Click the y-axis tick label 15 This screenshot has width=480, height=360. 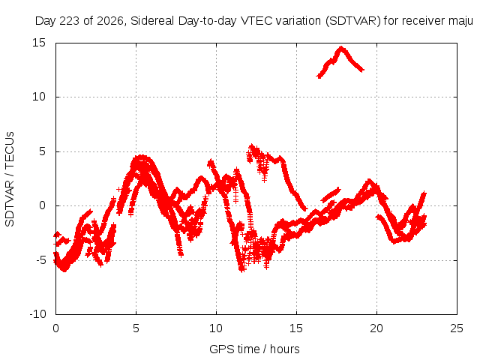click(39, 43)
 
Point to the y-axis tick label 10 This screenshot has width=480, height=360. click(39, 97)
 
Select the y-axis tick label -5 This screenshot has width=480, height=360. click(40, 260)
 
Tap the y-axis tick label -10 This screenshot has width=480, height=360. click(37, 314)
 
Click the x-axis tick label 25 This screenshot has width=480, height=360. click(457, 328)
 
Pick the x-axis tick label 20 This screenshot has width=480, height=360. click(376, 328)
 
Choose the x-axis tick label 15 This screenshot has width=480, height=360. click(296, 328)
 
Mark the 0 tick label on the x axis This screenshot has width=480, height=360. click(55, 328)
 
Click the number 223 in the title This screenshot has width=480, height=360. click(70, 21)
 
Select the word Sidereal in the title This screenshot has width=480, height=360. click(152, 21)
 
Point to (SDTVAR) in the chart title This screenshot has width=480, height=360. click(352, 21)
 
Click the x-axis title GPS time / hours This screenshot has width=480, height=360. click(254, 349)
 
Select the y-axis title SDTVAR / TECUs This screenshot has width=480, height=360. click(10, 179)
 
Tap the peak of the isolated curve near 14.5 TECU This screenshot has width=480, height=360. click(341, 48)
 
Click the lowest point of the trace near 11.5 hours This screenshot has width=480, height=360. click(242, 270)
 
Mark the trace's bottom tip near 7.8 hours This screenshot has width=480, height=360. click(181, 255)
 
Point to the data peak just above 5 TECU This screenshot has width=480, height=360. click(252, 146)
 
